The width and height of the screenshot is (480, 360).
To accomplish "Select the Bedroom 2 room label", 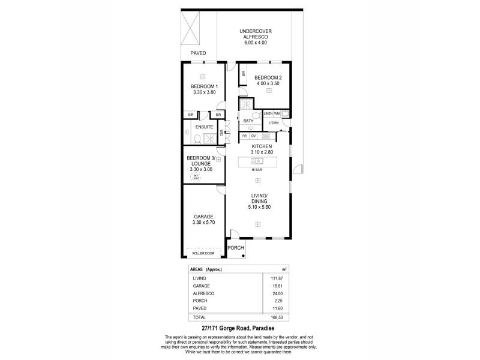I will (264, 78).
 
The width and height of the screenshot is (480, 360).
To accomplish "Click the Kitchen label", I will (262, 146).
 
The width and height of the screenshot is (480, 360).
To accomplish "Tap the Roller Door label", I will (203, 254).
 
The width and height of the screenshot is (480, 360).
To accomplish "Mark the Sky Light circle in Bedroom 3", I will (195, 178).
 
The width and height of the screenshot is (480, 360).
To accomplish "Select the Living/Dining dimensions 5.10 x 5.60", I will (260, 208).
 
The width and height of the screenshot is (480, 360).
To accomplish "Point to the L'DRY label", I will (274, 123).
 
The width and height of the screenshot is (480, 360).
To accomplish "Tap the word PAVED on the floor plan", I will (198, 53).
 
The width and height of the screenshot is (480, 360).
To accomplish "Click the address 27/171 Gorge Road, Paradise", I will (239, 329).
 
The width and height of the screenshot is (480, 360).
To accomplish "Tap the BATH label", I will (248, 121).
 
